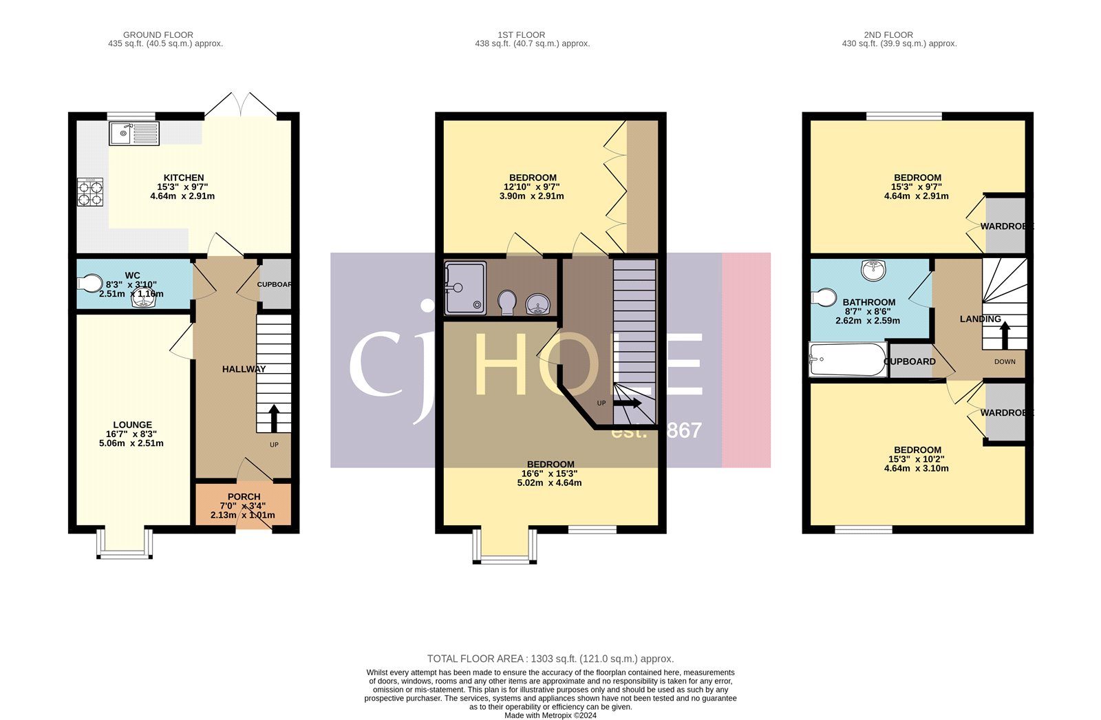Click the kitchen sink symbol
point(134,133)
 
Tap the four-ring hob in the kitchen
point(90,192)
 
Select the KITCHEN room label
point(184,178)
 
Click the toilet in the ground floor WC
point(89,283)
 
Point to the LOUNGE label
point(133,425)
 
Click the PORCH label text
point(244,496)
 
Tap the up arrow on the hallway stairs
point(274,418)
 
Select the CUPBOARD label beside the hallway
point(275,284)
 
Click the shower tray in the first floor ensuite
point(465,288)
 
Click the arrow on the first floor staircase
point(628,403)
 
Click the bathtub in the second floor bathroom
point(847,359)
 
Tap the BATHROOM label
point(869,302)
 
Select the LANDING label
point(981,319)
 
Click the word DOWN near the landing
point(1005,361)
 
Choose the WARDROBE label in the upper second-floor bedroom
point(1007,226)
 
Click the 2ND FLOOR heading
point(888,34)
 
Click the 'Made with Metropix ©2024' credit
point(550,715)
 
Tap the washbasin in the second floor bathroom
point(874,269)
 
